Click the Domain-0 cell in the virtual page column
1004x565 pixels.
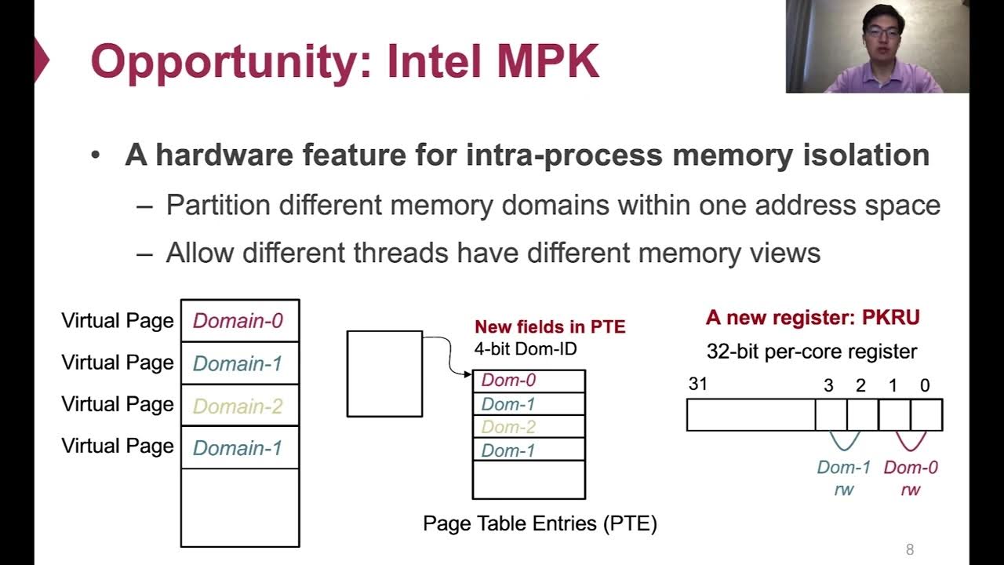pyautogui.click(x=238, y=321)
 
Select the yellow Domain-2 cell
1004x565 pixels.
pyautogui.click(x=238, y=406)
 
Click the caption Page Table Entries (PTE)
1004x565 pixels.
pyautogui.click(x=540, y=523)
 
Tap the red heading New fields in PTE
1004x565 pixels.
pyautogui.click(x=550, y=327)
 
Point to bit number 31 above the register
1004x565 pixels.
pyautogui.click(x=698, y=385)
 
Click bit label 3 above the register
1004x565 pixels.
pyautogui.click(x=828, y=385)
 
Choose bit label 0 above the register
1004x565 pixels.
pyautogui.click(x=925, y=385)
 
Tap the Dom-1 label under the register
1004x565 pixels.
pyautogui.click(x=844, y=468)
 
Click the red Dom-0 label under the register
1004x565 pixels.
pyautogui.click(x=911, y=468)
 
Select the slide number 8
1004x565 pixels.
pyautogui.click(x=910, y=550)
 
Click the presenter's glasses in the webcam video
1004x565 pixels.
pyautogui.click(x=881, y=33)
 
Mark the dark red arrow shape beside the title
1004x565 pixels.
pyautogui.click(x=42, y=61)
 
